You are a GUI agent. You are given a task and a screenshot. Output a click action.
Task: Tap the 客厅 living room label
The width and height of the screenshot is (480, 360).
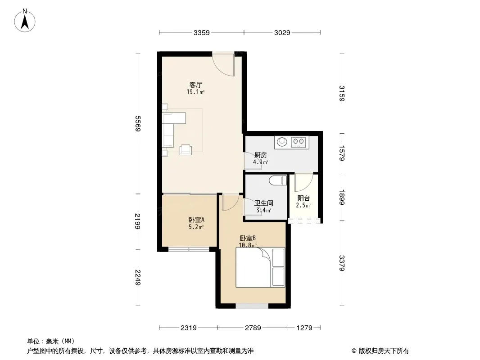coord(195,85)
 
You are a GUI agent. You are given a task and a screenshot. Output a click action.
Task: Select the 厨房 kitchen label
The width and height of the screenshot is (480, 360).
coord(261,155)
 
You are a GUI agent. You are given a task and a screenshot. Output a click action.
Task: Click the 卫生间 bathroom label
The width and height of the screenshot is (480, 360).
coord(264,203)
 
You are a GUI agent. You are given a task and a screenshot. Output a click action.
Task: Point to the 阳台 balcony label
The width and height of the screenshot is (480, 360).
coord(303,198)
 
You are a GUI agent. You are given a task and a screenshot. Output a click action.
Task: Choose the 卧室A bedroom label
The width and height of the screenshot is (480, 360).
coord(196,220)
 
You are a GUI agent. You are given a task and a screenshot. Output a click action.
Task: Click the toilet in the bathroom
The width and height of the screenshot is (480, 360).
coord(278,180)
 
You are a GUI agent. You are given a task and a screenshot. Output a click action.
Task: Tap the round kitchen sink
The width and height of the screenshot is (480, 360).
coord(282,142)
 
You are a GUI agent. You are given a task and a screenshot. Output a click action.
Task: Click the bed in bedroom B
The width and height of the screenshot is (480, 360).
coord(260,267)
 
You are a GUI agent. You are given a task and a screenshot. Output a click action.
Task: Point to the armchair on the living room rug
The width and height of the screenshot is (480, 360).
coord(186,149)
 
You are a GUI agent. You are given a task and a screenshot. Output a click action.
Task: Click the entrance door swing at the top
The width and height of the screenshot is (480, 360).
coord(223,65)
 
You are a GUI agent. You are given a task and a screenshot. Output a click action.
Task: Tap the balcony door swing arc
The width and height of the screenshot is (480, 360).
coord(303,183)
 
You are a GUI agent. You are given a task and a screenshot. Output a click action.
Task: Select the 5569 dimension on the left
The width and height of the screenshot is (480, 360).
coord(138,124)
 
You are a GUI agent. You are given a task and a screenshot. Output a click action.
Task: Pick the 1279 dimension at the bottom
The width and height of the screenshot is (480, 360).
coord(304,328)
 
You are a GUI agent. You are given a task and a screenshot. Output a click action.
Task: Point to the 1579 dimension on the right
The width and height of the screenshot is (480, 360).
coord(342,153)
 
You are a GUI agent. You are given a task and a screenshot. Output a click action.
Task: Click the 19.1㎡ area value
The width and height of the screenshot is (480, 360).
coord(195,92)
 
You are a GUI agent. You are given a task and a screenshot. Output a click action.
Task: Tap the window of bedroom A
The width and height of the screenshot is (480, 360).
coord(189,250)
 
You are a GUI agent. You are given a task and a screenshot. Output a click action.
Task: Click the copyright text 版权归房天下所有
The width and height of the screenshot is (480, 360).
coord(384,351)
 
